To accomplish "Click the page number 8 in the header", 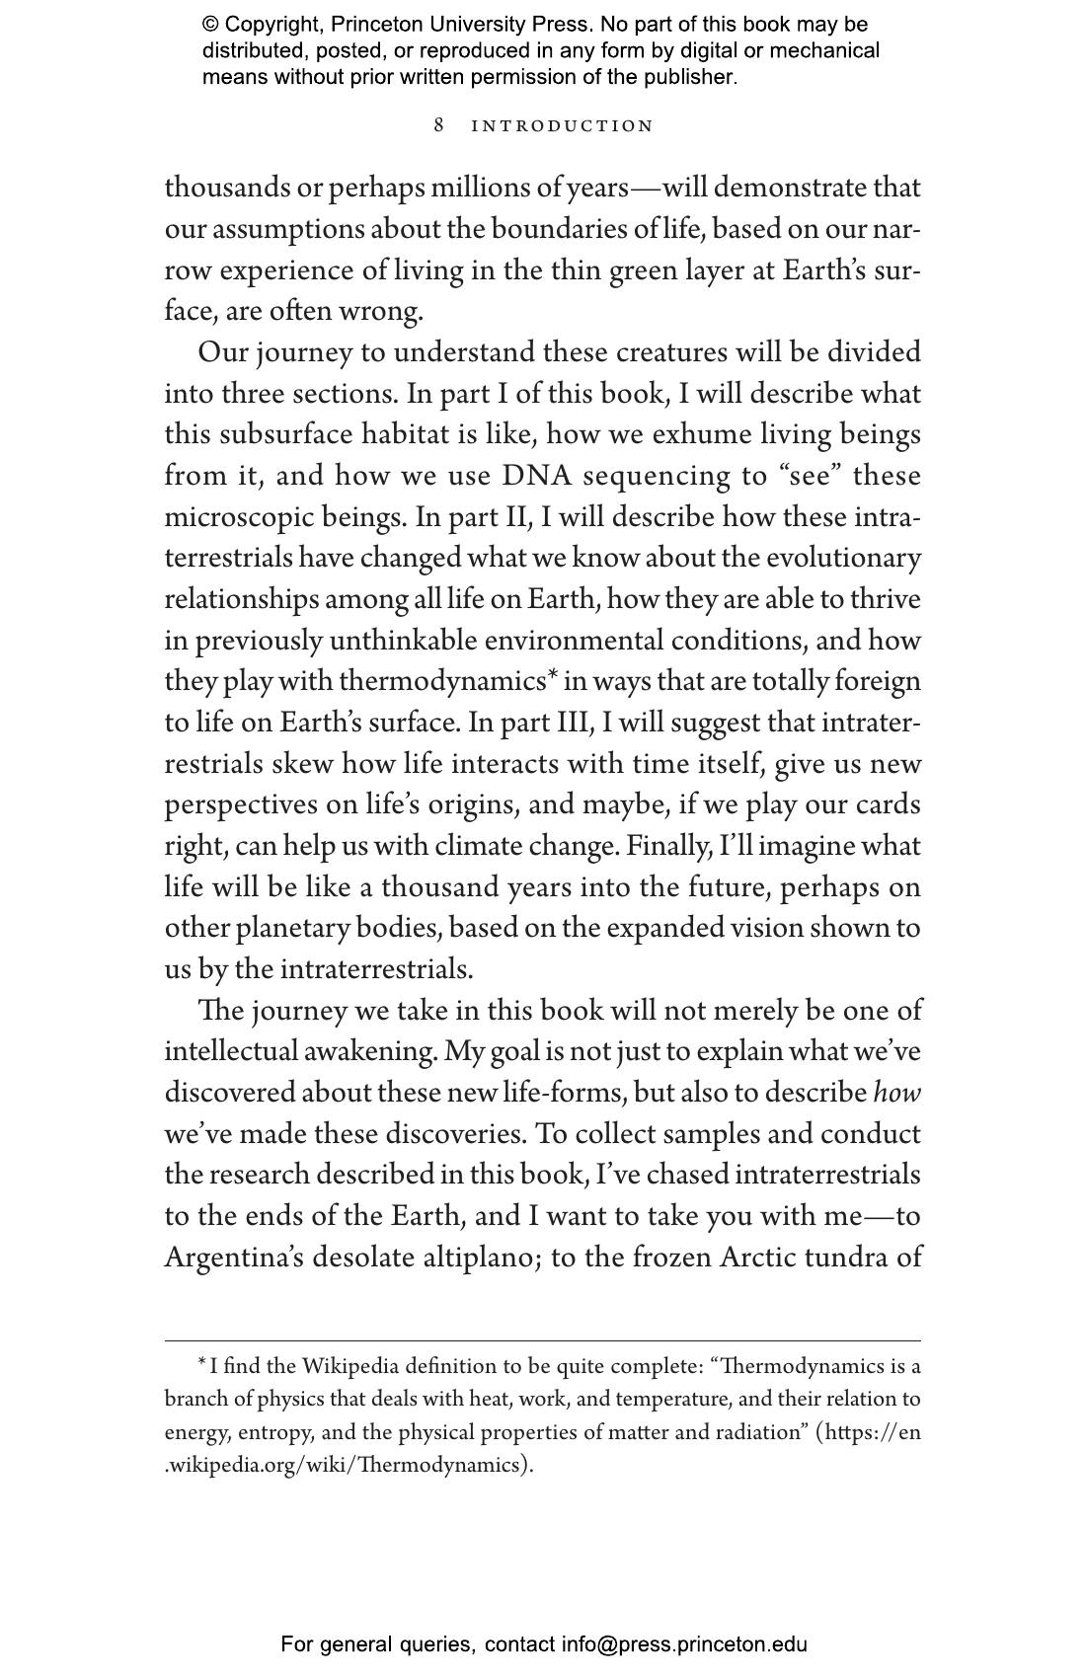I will [439, 125].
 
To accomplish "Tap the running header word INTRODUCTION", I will [563, 126].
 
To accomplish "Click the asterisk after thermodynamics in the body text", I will [553, 677].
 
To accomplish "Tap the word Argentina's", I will [233, 1258].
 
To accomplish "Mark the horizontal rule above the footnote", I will [542, 1340].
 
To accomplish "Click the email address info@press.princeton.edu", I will [684, 1644].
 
